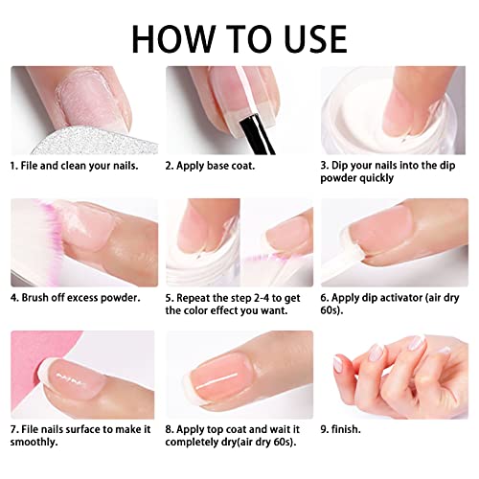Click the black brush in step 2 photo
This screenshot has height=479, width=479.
coord(258,134)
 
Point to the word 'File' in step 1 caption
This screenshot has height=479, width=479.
coord(30,166)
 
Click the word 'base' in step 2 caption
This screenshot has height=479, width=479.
coord(219,166)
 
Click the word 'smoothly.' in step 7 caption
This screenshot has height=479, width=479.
coord(34,443)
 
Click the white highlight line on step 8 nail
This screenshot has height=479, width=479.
coord(217,380)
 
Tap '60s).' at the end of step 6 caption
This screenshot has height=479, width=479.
coord(331,310)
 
